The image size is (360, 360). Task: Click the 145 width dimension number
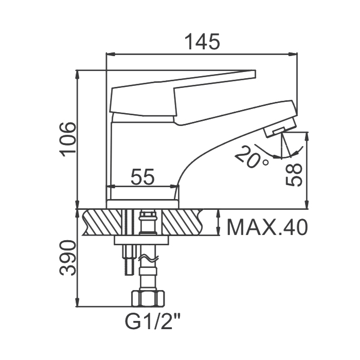(202, 42)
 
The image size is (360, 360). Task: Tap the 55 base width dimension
(142, 177)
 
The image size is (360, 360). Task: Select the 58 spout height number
(294, 174)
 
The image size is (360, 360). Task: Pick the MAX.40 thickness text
(266, 227)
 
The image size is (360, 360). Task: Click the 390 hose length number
(67, 258)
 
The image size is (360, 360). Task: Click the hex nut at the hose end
(148, 298)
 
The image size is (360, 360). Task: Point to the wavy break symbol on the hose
(148, 259)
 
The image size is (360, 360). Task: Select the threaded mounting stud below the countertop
(130, 259)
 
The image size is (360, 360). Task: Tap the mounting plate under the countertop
(141, 240)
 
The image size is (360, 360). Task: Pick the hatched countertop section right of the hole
(183, 222)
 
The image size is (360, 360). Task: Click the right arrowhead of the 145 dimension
(293, 54)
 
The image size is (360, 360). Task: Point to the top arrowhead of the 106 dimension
(78, 75)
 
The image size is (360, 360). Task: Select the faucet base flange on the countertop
(142, 204)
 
